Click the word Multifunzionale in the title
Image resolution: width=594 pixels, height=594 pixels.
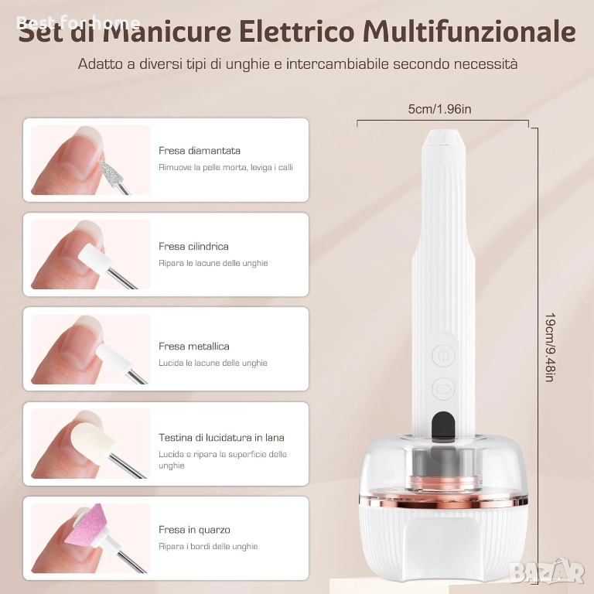[x=469, y=32]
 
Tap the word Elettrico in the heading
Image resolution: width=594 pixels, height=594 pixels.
[x=296, y=32]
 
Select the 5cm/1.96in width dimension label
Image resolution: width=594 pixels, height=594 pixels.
[x=439, y=109]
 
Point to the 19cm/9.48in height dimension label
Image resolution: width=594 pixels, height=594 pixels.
[x=550, y=347]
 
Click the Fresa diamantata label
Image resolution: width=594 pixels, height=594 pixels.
[x=200, y=151]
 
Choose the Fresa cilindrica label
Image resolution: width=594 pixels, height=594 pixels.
[x=193, y=247]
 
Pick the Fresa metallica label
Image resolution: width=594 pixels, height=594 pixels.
[x=194, y=346]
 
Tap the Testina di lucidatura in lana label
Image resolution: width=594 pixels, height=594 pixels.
[x=222, y=438]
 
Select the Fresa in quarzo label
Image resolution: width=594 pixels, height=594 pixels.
[x=194, y=530]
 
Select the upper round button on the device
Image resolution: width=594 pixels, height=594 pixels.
[x=443, y=355]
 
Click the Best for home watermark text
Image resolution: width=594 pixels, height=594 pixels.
[x=78, y=23]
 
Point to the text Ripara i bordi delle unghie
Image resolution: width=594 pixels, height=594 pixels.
[x=208, y=546]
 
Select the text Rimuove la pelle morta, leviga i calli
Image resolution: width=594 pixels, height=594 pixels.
[x=226, y=167]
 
